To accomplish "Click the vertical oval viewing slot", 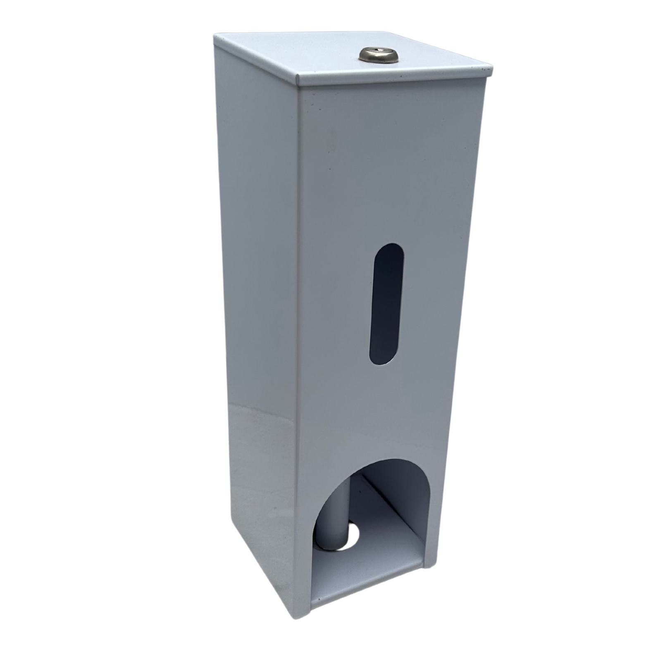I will point(387,304).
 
